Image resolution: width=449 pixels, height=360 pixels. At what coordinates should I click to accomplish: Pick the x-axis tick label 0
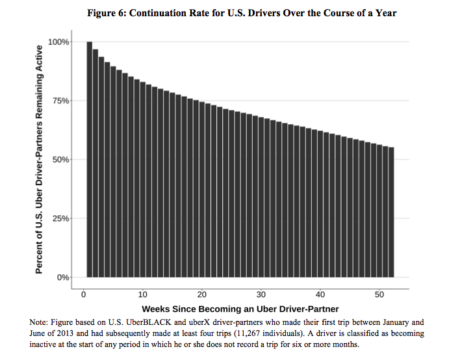pos(84,294)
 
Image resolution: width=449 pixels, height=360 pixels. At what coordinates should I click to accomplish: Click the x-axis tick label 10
pos(143,294)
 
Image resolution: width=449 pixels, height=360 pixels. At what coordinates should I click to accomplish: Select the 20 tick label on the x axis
pos(202,294)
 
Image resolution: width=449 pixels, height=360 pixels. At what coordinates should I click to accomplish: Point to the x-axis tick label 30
pos(261,294)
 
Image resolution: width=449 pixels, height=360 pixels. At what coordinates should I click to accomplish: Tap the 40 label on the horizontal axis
pos(320,294)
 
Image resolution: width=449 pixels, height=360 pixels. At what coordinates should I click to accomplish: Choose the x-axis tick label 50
pos(379,294)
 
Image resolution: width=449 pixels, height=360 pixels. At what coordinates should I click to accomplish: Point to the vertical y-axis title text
pos(40,159)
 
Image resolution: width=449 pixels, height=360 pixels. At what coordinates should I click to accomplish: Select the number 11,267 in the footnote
pos(263,333)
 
